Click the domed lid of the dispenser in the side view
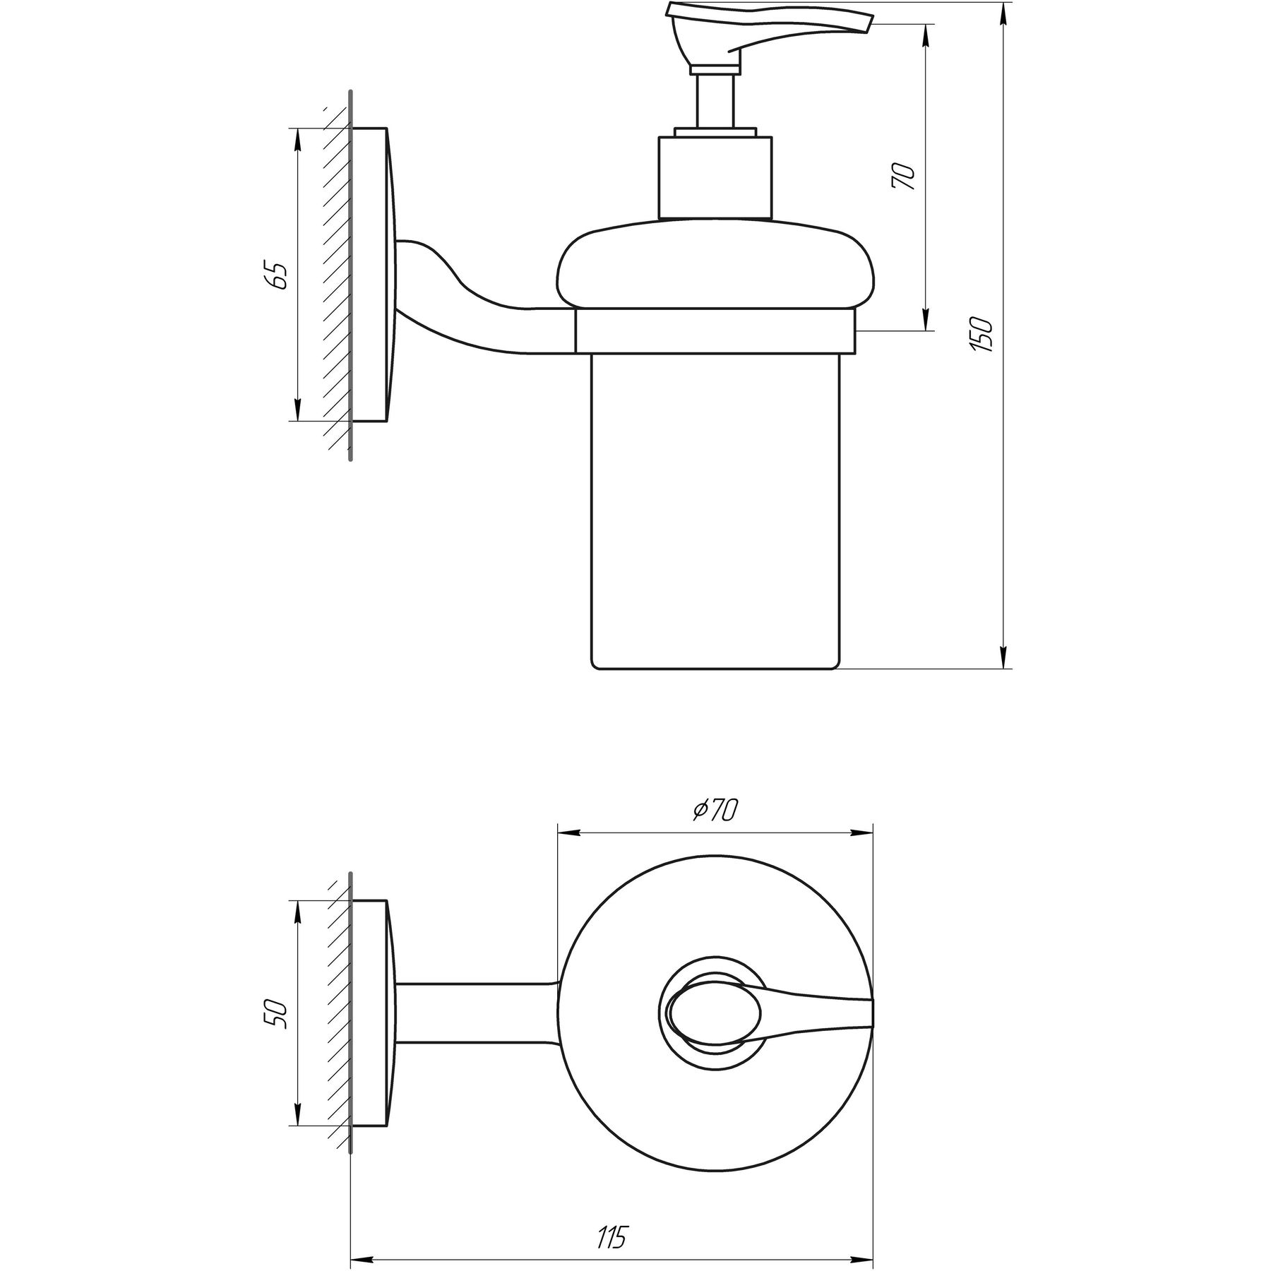tap(715, 268)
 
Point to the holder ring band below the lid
tap(715, 331)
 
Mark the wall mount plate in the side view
tap(370, 275)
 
